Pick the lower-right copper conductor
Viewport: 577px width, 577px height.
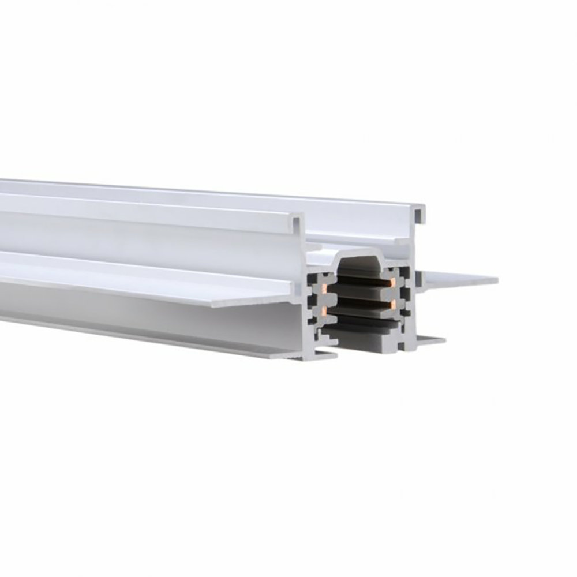(x=392, y=302)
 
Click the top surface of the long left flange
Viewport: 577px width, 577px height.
(x=144, y=271)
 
